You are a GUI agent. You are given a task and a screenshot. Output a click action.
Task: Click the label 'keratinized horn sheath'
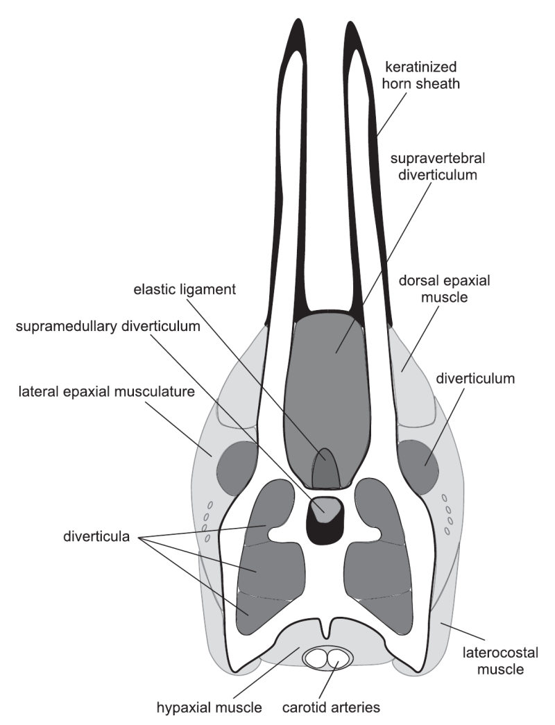click(x=421, y=76)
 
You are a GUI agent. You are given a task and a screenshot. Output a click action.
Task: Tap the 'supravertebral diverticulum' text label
click(x=438, y=167)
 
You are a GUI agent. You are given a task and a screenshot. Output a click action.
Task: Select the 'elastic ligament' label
click(x=185, y=289)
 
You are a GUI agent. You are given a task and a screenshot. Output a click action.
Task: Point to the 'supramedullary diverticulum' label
click(x=108, y=327)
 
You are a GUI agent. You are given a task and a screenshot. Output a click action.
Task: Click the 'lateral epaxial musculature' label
click(x=106, y=392)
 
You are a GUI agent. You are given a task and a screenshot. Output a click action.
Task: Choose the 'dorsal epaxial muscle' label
click(x=444, y=289)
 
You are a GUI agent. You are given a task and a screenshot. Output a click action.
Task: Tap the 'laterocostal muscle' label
click(x=500, y=660)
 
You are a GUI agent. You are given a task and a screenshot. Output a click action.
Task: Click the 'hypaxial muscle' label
click(x=209, y=708)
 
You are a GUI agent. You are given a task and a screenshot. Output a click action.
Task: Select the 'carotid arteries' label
click(x=331, y=708)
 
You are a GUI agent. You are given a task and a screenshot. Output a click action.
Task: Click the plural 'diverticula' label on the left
click(x=96, y=537)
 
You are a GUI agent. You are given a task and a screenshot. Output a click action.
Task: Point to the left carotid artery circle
click(x=318, y=658)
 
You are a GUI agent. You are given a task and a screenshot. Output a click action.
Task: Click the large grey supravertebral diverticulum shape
click(x=327, y=393)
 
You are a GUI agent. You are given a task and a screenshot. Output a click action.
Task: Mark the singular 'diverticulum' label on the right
click(x=475, y=379)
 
